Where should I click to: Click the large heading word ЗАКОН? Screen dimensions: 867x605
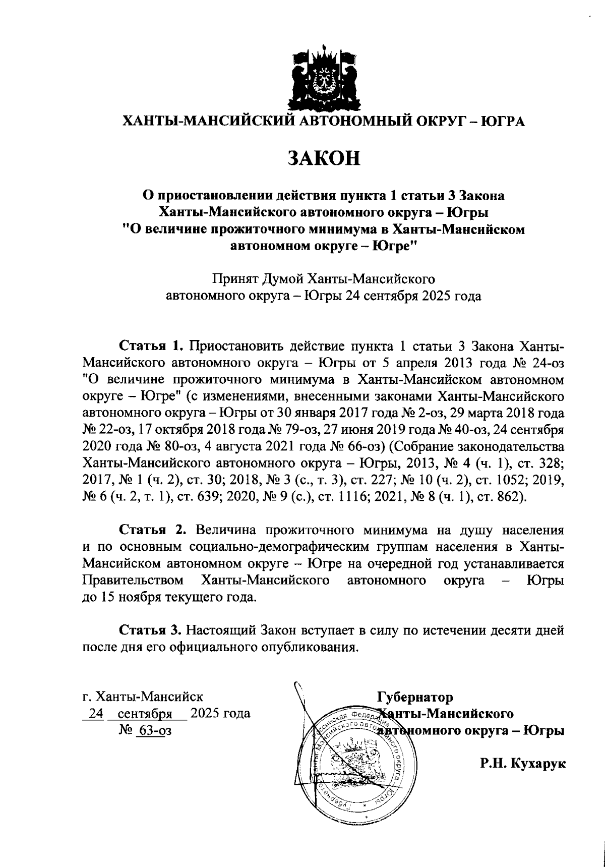pyautogui.click(x=324, y=158)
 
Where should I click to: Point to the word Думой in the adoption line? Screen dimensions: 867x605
pyautogui.click(x=280, y=278)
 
